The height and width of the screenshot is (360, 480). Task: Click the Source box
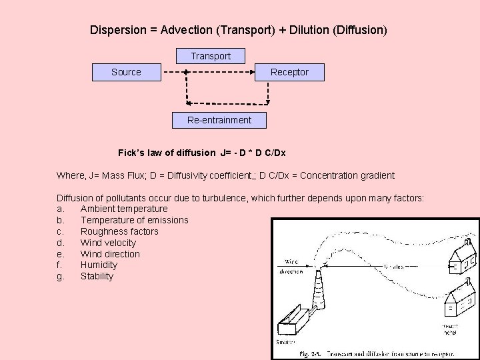coord(126,72)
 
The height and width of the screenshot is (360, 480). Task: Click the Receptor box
coord(289,72)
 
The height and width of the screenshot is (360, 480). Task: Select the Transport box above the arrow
coord(211,56)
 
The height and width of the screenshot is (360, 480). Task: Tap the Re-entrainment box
coord(219,120)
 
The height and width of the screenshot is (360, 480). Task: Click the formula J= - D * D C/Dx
coord(253,153)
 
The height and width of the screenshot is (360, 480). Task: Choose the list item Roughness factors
coord(119,231)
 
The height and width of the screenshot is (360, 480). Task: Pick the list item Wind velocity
coord(108,243)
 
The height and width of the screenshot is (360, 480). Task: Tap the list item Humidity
coord(99,265)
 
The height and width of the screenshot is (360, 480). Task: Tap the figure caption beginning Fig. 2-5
coord(376,353)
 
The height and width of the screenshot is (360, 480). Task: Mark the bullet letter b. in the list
coord(61,220)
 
